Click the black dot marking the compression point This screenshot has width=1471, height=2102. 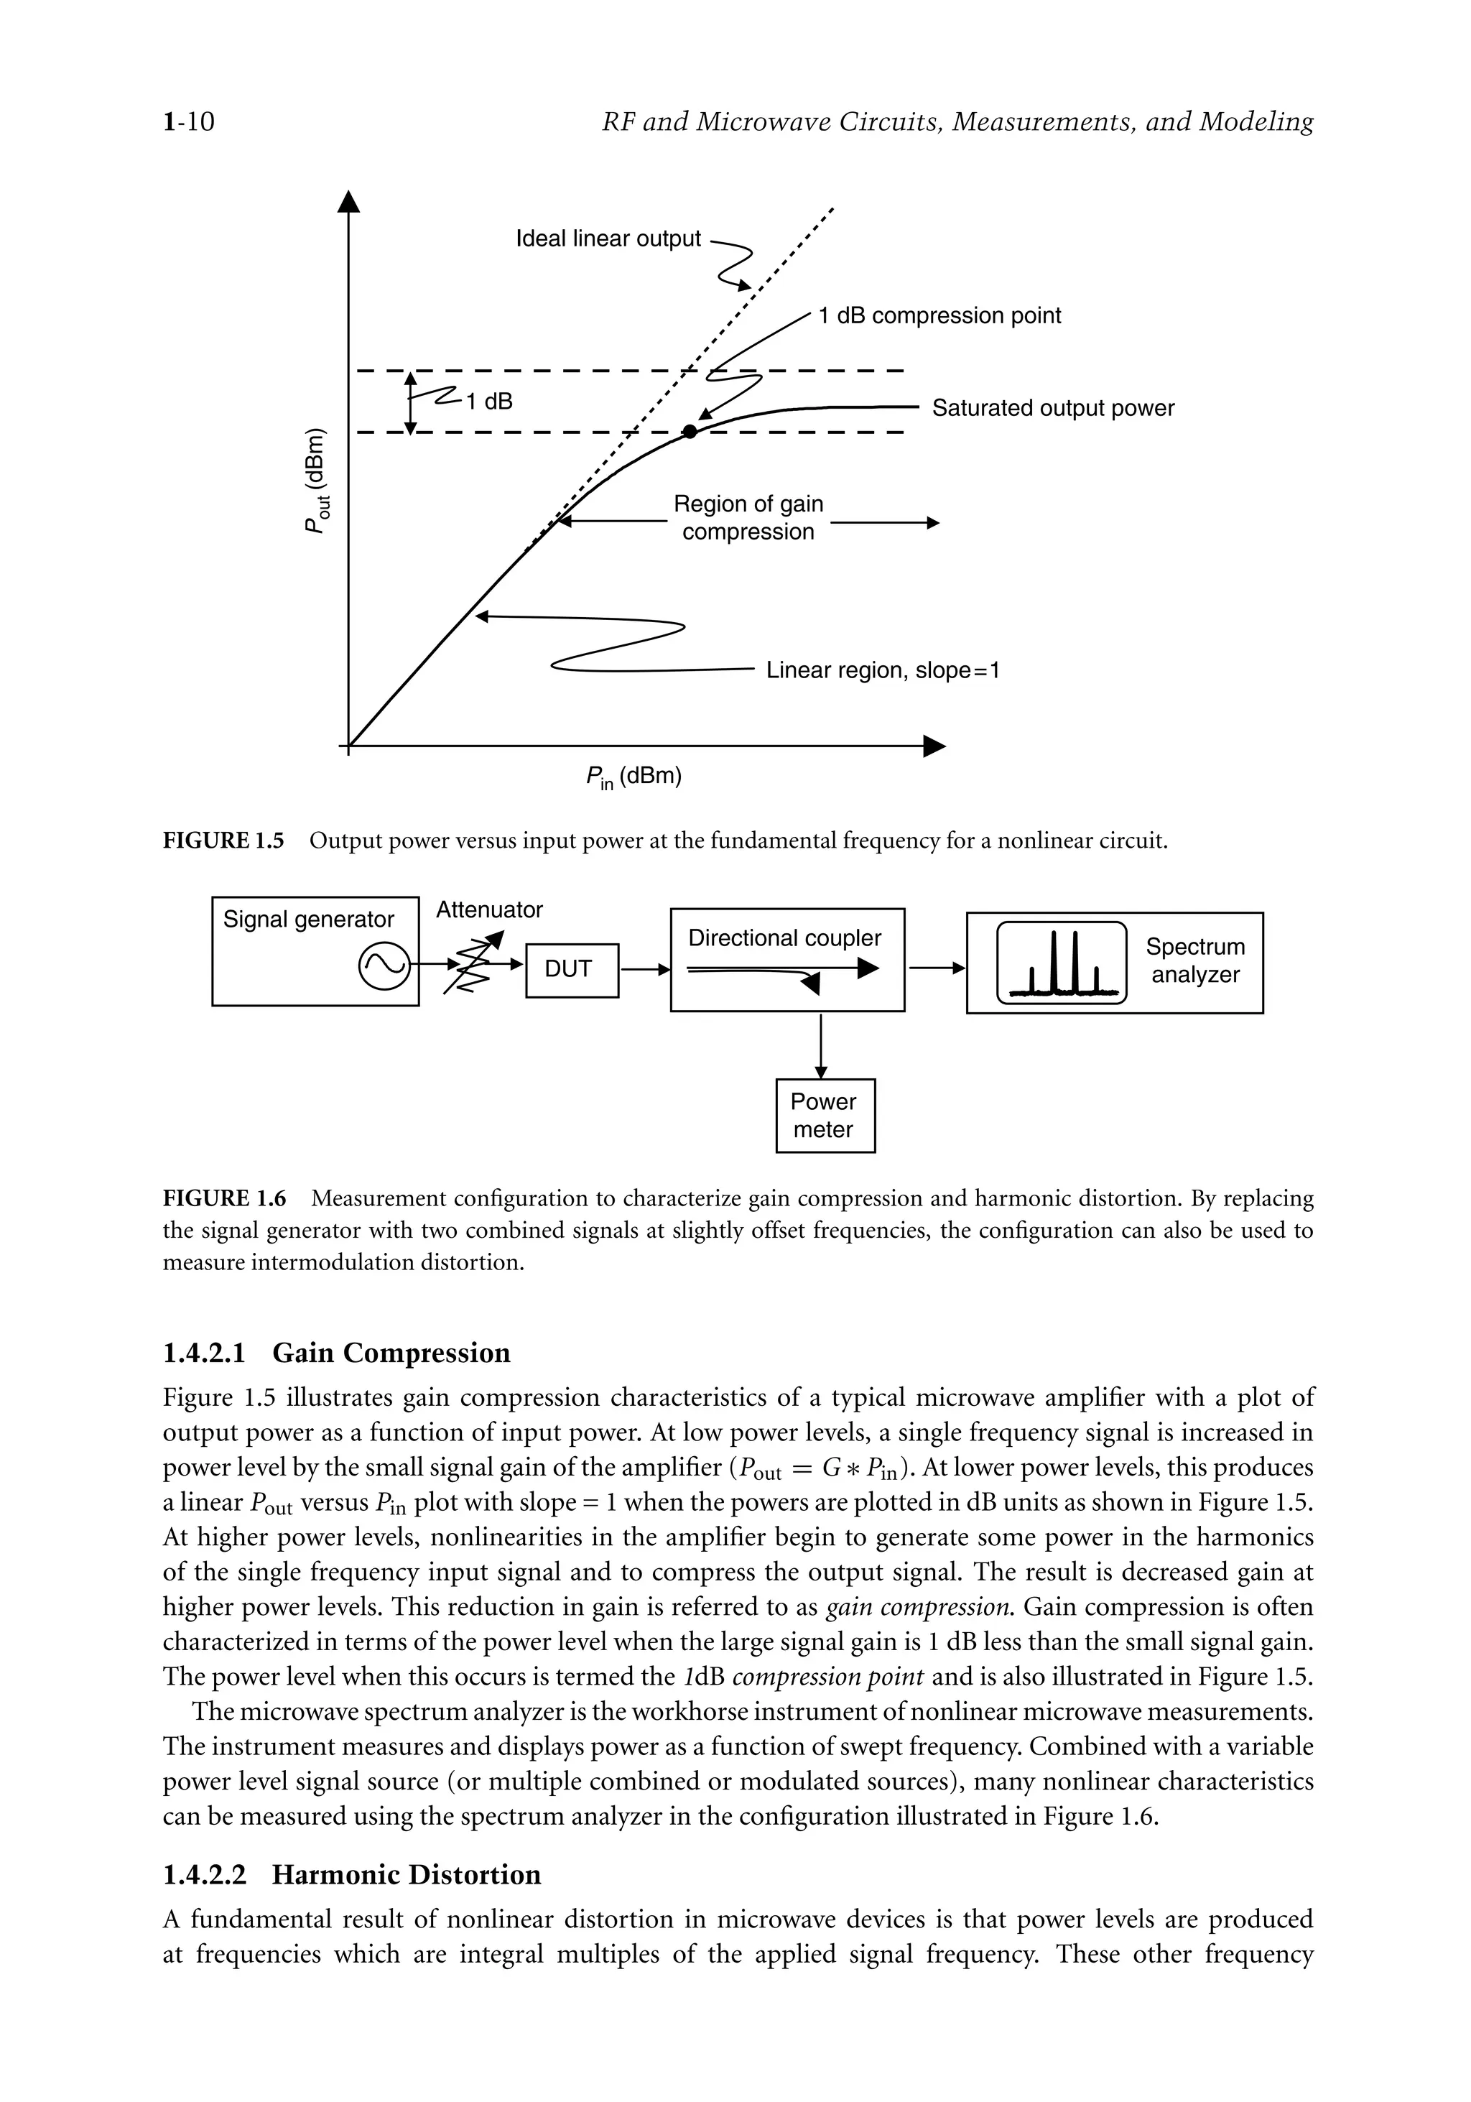click(x=690, y=431)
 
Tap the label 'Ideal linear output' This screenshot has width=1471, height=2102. click(x=608, y=239)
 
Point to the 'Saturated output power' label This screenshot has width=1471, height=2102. click(x=1053, y=408)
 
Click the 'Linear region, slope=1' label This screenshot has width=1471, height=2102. click(x=883, y=670)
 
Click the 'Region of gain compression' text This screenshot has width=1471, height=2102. click(x=748, y=517)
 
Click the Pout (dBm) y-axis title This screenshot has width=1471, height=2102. click(x=317, y=480)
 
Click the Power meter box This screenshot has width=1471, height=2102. click(x=825, y=1115)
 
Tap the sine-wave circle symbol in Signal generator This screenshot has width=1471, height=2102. click(x=384, y=965)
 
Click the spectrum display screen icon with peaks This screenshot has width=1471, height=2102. click(x=1061, y=963)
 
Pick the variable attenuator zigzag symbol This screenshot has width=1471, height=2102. click(x=470, y=965)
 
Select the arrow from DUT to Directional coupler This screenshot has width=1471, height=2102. click(x=644, y=968)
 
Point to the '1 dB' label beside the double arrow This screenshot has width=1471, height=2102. click(x=489, y=402)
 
